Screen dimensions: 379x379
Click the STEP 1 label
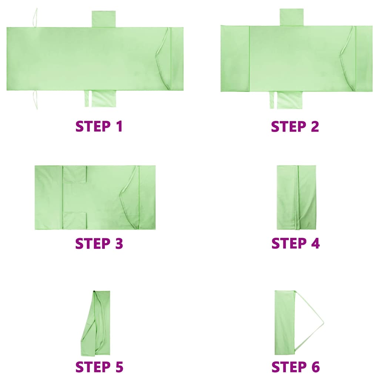click(x=99, y=127)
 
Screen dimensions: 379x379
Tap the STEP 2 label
click(x=295, y=127)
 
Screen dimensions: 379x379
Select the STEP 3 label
click(x=99, y=243)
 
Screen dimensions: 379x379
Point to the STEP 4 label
click(x=296, y=243)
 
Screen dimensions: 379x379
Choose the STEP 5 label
click(x=99, y=367)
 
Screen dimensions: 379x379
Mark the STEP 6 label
click(x=296, y=367)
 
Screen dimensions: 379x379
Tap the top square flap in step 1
click(x=104, y=19)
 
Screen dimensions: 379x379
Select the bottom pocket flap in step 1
click(x=100, y=98)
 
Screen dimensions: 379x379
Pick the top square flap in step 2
click(x=292, y=17)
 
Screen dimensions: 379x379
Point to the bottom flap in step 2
click(x=286, y=100)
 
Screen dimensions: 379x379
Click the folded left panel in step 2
click(x=235, y=58)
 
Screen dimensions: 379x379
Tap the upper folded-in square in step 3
click(x=75, y=174)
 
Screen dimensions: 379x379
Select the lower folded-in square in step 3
click(x=75, y=221)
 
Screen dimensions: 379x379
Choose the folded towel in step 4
click(x=296, y=198)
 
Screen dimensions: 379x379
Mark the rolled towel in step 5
click(x=95, y=323)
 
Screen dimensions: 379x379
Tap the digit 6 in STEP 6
click(x=315, y=367)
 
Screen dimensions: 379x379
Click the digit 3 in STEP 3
click(x=118, y=243)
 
